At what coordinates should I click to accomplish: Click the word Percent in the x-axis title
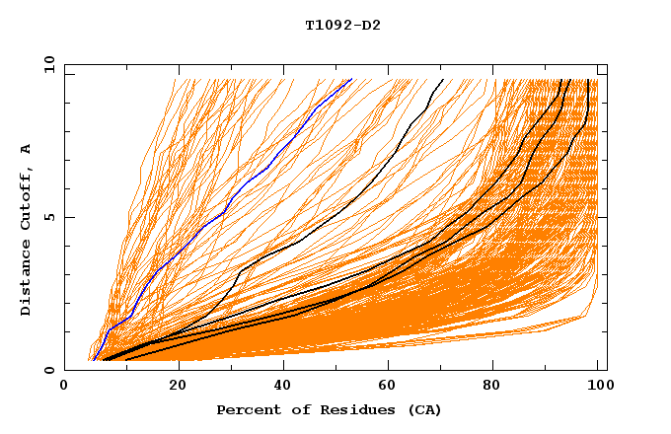(247, 410)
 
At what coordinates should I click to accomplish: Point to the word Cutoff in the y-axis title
(26, 197)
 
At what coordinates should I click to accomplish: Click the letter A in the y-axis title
(26, 148)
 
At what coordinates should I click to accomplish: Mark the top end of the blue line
(351, 80)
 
